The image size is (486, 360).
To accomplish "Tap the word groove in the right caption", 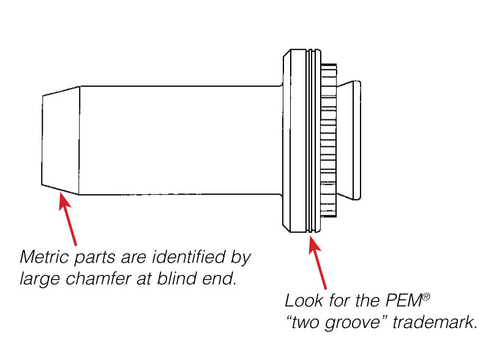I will (357, 322).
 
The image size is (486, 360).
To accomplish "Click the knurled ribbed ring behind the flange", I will (328, 140).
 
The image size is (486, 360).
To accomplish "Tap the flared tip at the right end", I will (351, 140).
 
